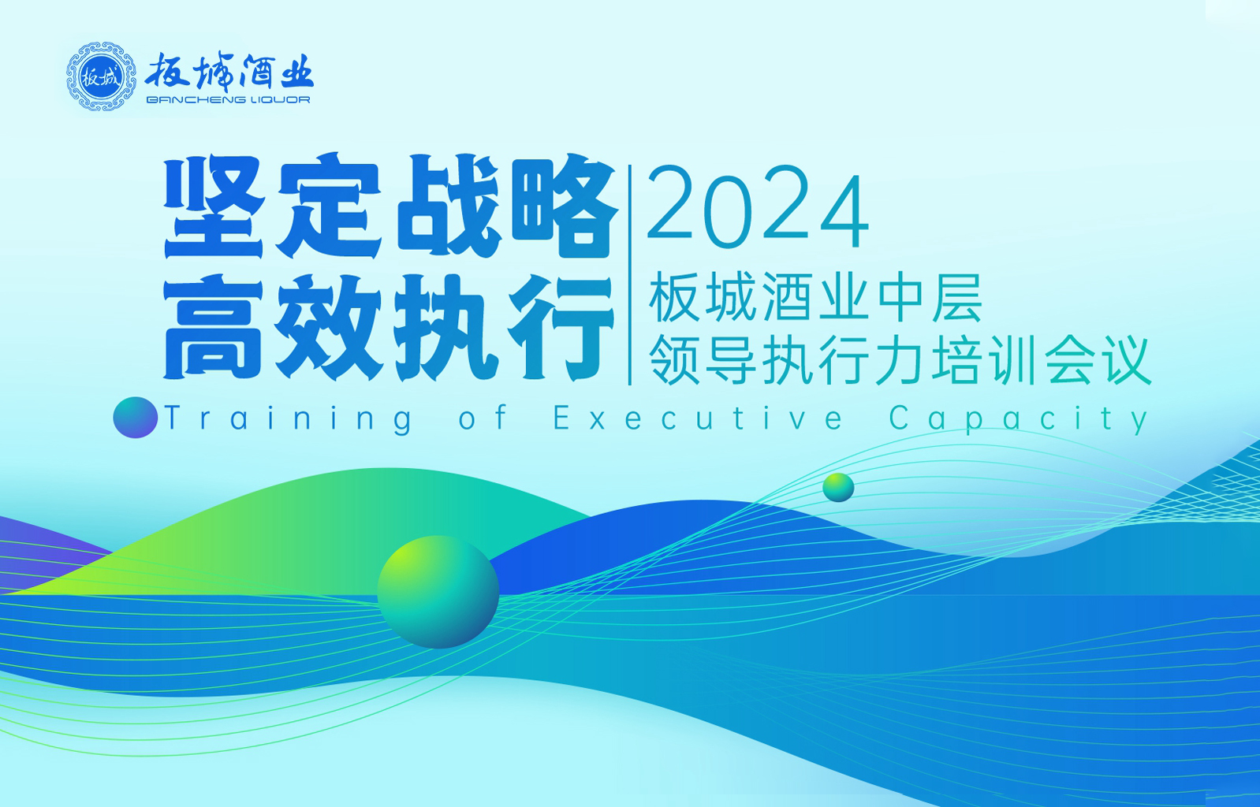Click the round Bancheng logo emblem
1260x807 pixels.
(x=101, y=76)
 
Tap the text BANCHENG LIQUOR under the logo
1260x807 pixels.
(x=228, y=100)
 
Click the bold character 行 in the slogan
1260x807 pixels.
(x=561, y=327)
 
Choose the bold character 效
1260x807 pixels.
(x=329, y=327)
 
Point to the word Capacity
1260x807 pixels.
(x=1018, y=419)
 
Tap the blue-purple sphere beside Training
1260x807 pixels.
(x=136, y=417)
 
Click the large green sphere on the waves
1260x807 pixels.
(x=438, y=592)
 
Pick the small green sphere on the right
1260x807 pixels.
(x=838, y=487)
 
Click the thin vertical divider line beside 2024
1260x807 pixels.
(x=630, y=275)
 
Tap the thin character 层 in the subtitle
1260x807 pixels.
(x=957, y=297)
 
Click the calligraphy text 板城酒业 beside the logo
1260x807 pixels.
(x=229, y=73)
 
